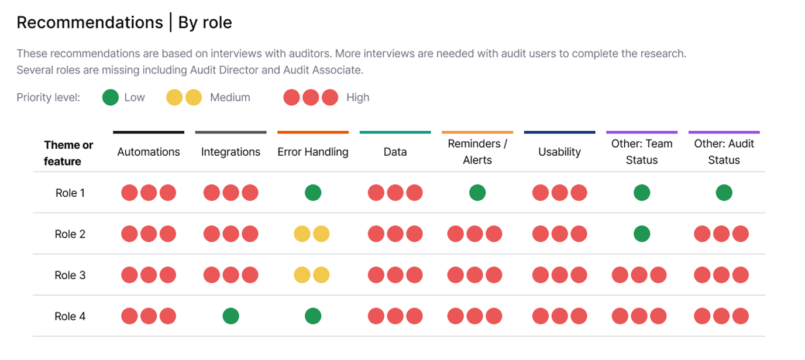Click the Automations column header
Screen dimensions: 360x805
pos(149,152)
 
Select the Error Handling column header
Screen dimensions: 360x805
pos(313,152)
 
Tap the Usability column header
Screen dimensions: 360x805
pos(559,152)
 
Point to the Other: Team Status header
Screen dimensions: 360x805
pos(642,152)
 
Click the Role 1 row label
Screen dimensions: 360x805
pos(70,193)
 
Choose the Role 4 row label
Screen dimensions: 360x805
pos(70,316)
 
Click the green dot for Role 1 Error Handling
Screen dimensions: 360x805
pos(313,193)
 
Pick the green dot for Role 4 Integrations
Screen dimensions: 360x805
pos(231,316)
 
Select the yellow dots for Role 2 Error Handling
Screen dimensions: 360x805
pos(312,234)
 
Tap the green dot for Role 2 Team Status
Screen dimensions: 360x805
pos(642,234)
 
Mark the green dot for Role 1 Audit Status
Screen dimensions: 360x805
pos(724,193)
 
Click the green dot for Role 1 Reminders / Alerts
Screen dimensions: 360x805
pos(477,193)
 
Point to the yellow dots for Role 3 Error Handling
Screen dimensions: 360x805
pos(312,275)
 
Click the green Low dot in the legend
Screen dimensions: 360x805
pos(111,97)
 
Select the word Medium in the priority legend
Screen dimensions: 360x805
pos(230,97)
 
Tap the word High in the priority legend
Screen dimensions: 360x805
pos(357,97)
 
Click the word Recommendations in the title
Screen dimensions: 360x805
pos(90,22)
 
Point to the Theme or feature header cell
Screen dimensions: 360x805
pos(68,153)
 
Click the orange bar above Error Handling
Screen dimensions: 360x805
pos(313,132)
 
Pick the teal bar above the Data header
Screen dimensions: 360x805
pos(395,132)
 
